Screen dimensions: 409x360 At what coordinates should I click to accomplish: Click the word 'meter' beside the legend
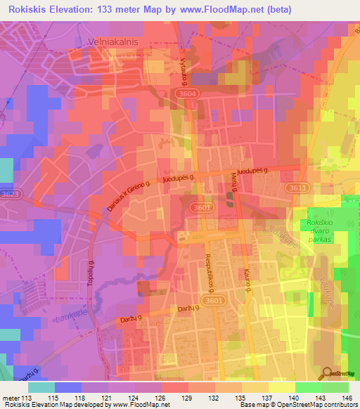point(11,398)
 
